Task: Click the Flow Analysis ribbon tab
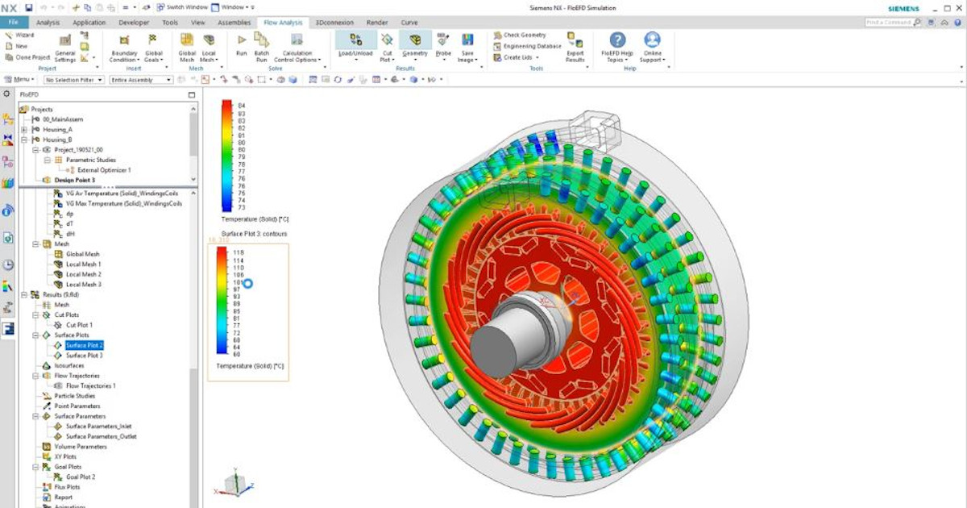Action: coord(283,23)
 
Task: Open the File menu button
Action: coord(14,23)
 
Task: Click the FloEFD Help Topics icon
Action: coord(617,40)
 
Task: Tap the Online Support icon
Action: coord(652,40)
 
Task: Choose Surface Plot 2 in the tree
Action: coord(85,345)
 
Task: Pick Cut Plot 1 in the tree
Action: coord(79,325)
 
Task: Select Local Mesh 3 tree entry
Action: coord(83,285)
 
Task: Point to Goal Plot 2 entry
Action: coord(81,477)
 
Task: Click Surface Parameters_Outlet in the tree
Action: coord(101,436)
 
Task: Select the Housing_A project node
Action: coord(57,129)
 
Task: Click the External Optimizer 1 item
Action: coord(103,170)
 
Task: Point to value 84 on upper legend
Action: coord(241,106)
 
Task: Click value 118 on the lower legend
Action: coord(239,252)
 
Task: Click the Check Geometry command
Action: coord(524,35)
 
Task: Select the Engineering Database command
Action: coord(531,46)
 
